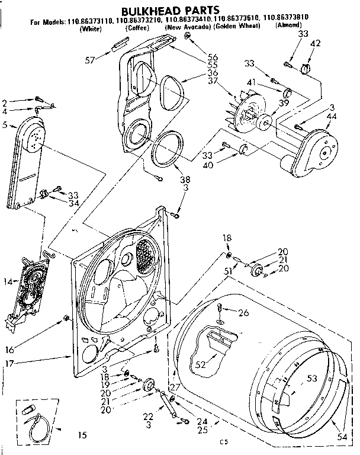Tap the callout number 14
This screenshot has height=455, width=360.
[x=8, y=282]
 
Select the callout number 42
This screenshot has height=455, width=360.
[x=316, y=43]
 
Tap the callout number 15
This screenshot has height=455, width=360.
[x=82, y=435]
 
